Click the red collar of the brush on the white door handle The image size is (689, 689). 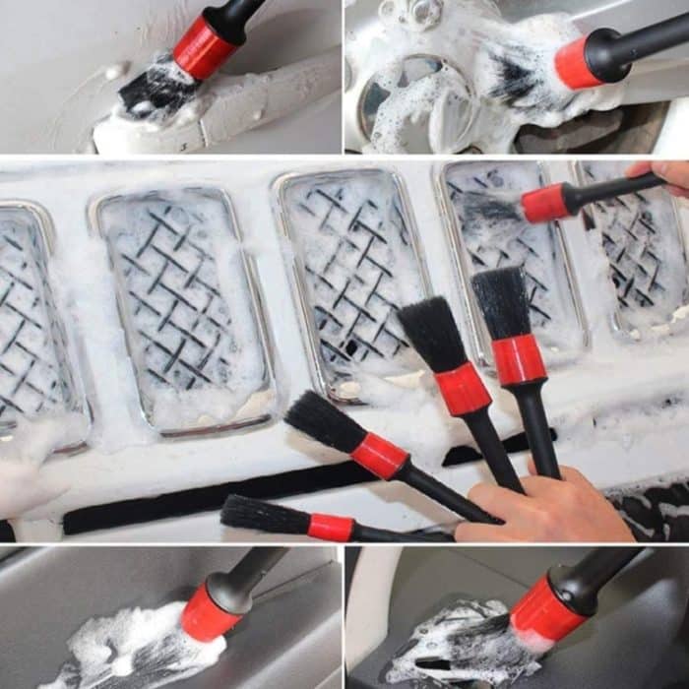205,46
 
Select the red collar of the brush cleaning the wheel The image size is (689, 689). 578,63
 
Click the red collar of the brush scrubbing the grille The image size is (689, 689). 545,203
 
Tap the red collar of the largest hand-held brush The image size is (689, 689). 519,359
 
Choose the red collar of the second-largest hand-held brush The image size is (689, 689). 462,389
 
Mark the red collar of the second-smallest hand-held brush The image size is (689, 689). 380,456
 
